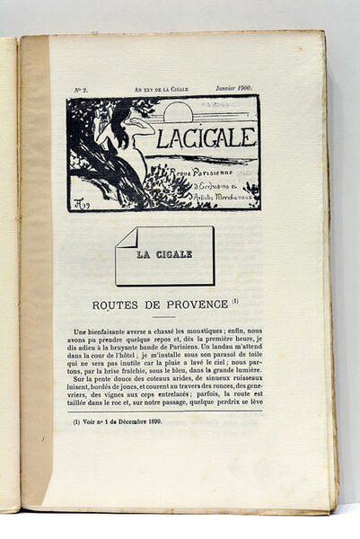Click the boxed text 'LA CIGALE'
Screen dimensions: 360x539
pos(164,254)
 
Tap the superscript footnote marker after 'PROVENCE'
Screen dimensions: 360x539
pos(235,301)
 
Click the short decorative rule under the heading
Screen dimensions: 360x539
pos(163,316)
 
